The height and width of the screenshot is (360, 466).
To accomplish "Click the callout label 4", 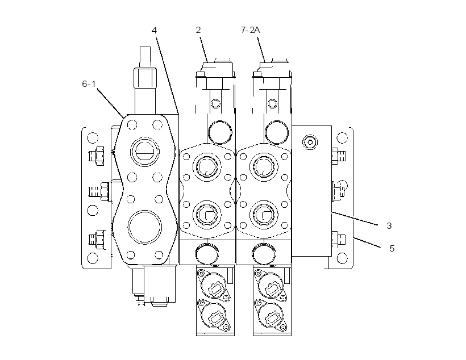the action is tap(154, 30).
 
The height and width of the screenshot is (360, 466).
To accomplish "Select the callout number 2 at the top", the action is tap(198, 30).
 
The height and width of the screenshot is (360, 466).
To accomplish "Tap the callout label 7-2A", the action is tap(250, 30).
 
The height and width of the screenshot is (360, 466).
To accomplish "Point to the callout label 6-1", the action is tap(89, 84).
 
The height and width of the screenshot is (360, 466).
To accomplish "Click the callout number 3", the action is tap(389, 226).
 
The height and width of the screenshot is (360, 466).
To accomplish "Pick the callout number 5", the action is tap(392, 248).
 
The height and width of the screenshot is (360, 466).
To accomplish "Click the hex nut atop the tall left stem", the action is tap(145, 78).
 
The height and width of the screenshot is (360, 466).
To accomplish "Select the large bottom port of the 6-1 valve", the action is tap(145, 227).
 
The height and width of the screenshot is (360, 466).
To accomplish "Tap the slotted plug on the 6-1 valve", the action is tap(145, 152).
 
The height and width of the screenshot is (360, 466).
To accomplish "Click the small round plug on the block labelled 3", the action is tap(310, 143).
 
